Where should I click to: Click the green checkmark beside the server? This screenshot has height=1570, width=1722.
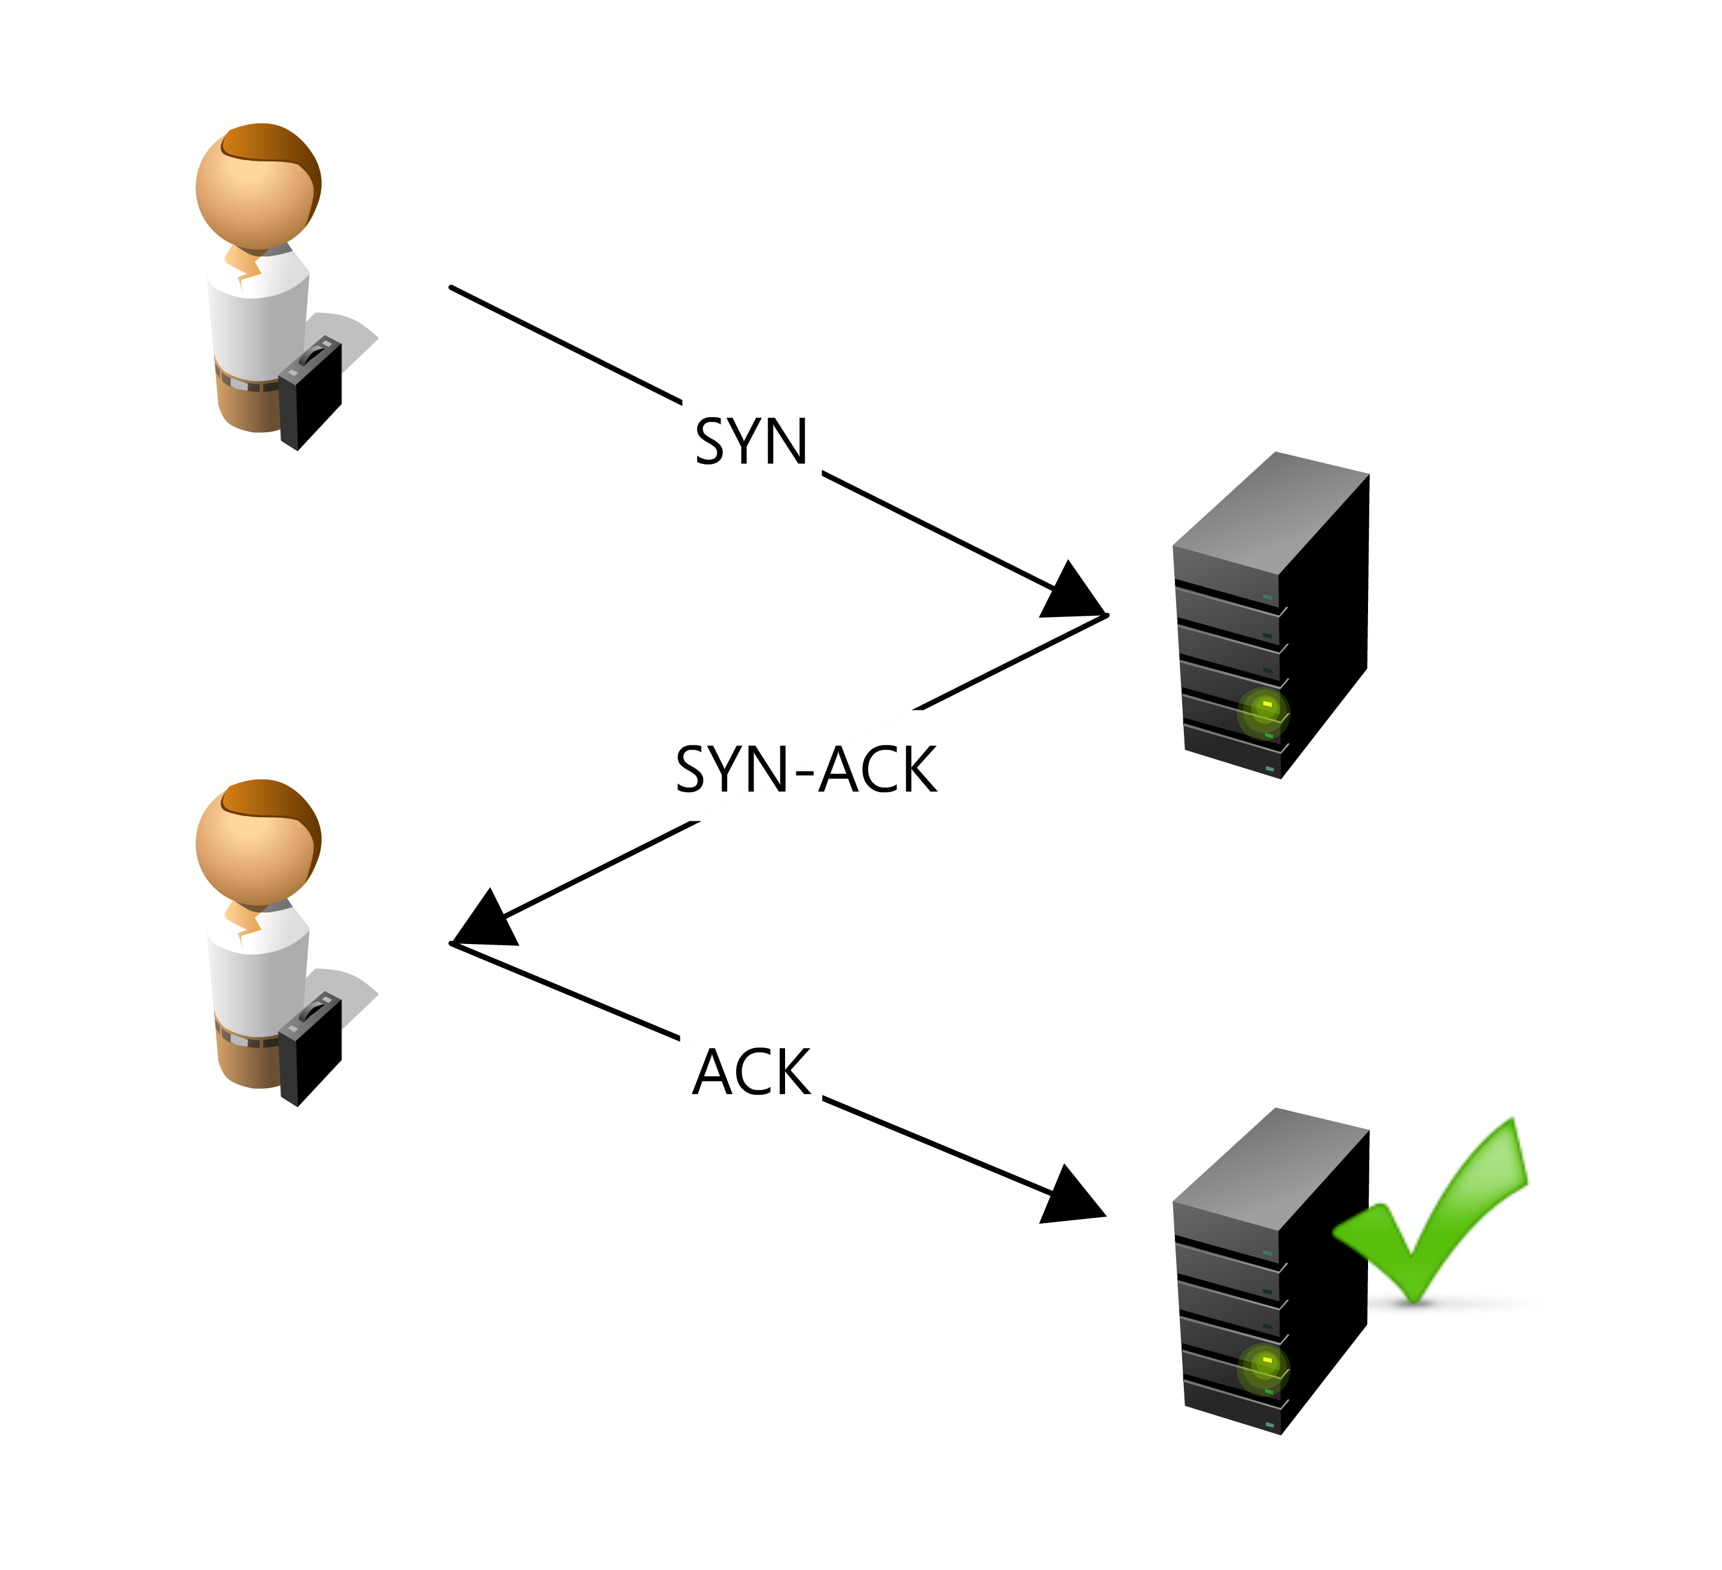(x=1435, y=1213)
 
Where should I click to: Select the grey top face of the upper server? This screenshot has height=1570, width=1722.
(x=1273, y=512)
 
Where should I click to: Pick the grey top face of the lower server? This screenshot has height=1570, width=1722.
(x=1273, y=1168)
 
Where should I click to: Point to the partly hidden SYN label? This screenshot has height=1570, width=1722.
(x=752, y=444)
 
